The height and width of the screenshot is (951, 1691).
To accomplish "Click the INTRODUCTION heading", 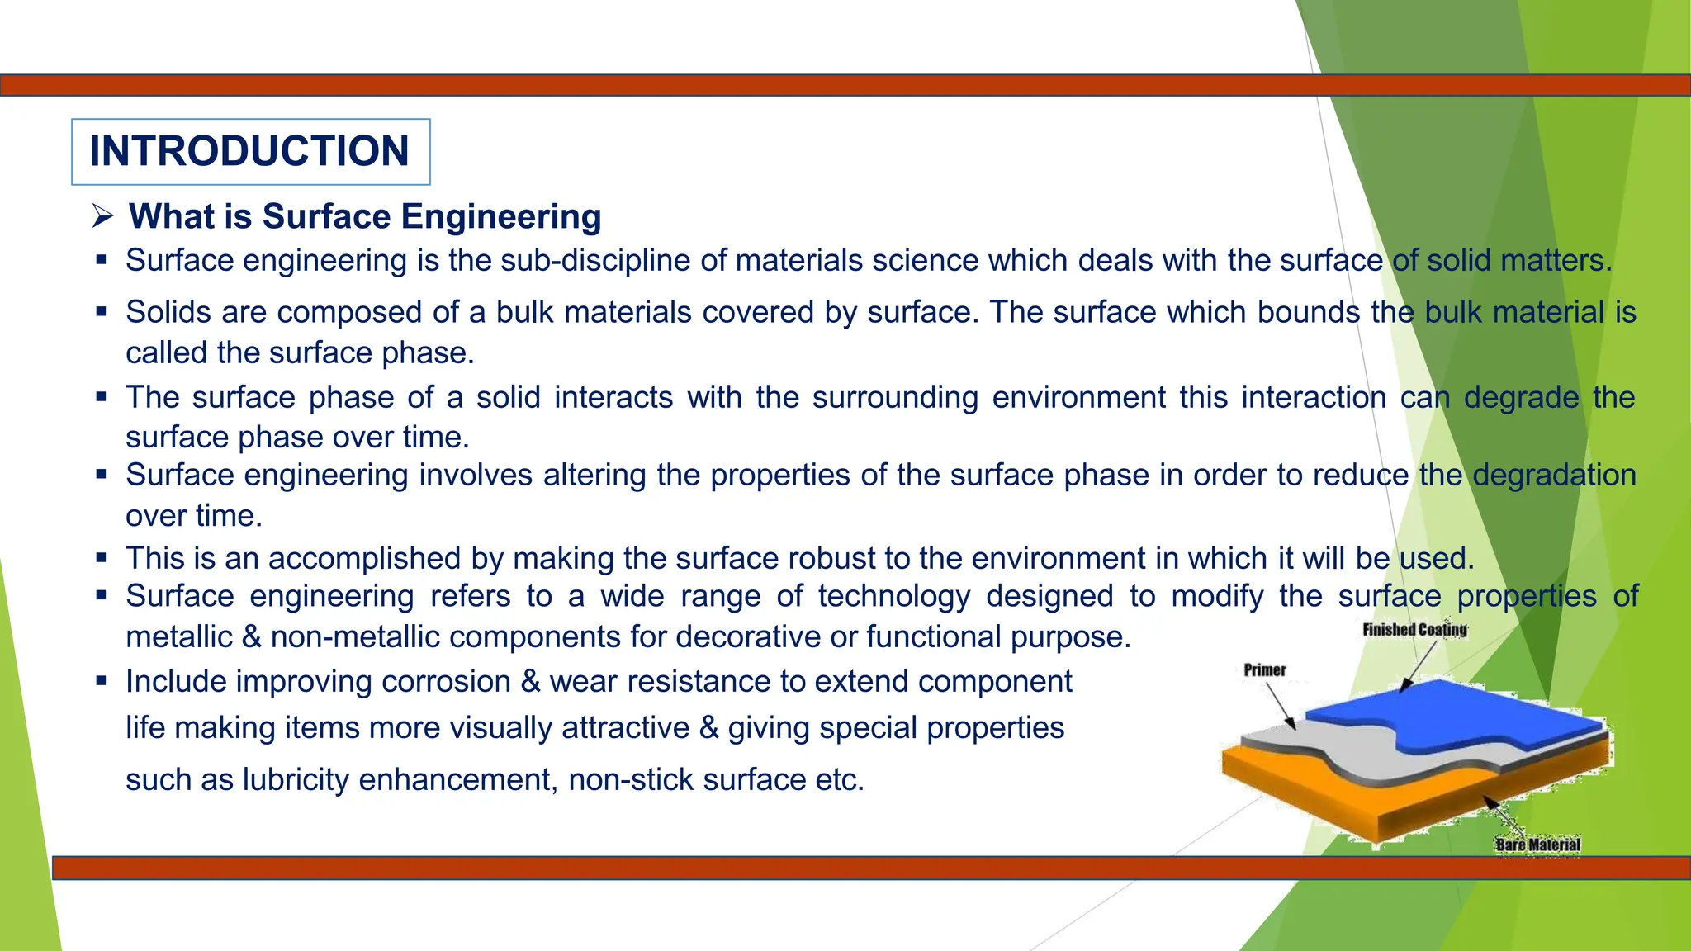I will [249, 152].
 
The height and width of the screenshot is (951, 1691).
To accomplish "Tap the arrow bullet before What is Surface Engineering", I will [102, 217].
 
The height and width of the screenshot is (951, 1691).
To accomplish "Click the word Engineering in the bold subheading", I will [501, 217].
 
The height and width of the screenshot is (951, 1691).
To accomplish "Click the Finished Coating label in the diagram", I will [1414, 630].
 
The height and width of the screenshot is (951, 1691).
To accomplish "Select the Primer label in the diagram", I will [1265, 670].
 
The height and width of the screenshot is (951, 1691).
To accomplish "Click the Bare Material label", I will [1537, 845].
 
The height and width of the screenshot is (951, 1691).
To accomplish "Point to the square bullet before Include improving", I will [102, 682].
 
